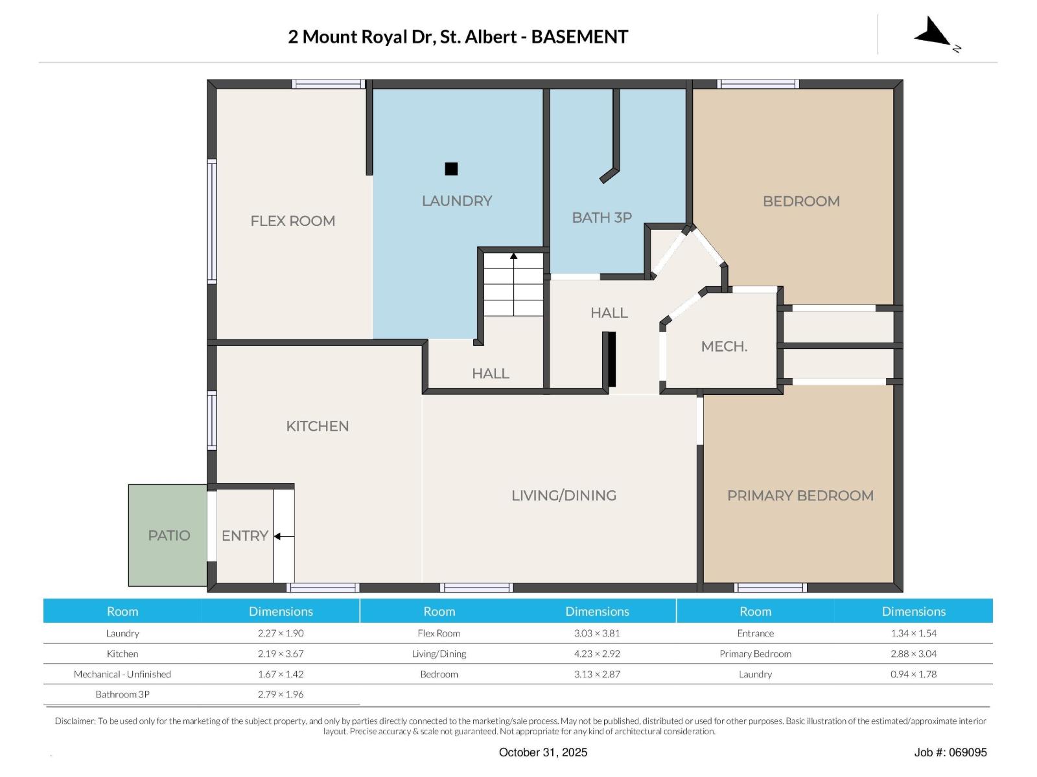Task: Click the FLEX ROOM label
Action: click(x=292, y=221)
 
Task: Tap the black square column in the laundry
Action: click(x=451, y=168)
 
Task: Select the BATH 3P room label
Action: click(x=601, y=218)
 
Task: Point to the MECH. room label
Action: click(x=724, y=346)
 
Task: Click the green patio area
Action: click(x=168, y=535)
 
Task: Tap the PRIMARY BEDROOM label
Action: click(x=800, y=495)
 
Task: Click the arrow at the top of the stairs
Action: click(x=513, y=256)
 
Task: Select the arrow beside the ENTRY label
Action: click(x=284, y=536)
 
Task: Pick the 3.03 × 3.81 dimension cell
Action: click(x=597, y=633)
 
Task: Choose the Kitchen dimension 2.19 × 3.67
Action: click(x=281, y=653)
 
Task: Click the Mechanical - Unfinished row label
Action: click(x=122, y=673)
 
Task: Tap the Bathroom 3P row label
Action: click(x=122, y=694)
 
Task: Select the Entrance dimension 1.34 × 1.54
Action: click(x=913, y=633)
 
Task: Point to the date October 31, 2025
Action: click(x=543, y=752)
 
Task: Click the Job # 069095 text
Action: click(x=950, y=752)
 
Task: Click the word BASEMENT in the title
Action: click(x=579, y=37)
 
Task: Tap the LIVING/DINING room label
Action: click(x=564, y=495)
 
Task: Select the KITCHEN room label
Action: click(x=317, y=426)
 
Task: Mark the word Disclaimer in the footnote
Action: click(x=75, y=721)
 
